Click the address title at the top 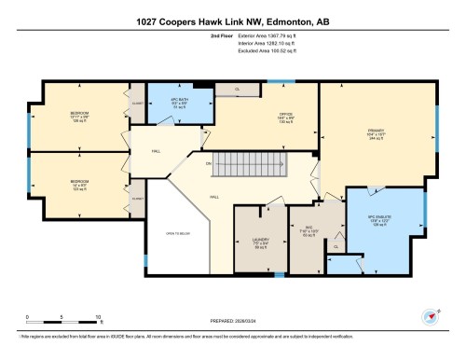(233, 13)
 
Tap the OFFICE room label (286, 118)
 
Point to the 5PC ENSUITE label (385, 220)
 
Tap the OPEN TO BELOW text (178, 234)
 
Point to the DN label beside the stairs (209, 163)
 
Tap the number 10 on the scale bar (98, 317)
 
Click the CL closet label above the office (237, 90)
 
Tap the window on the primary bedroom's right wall (437, 121)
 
